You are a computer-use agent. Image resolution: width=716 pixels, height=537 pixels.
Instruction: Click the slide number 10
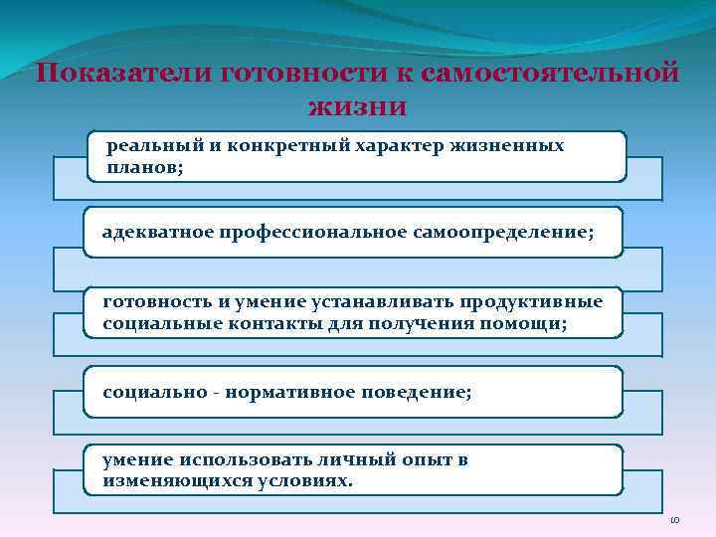tap(672, 520)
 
